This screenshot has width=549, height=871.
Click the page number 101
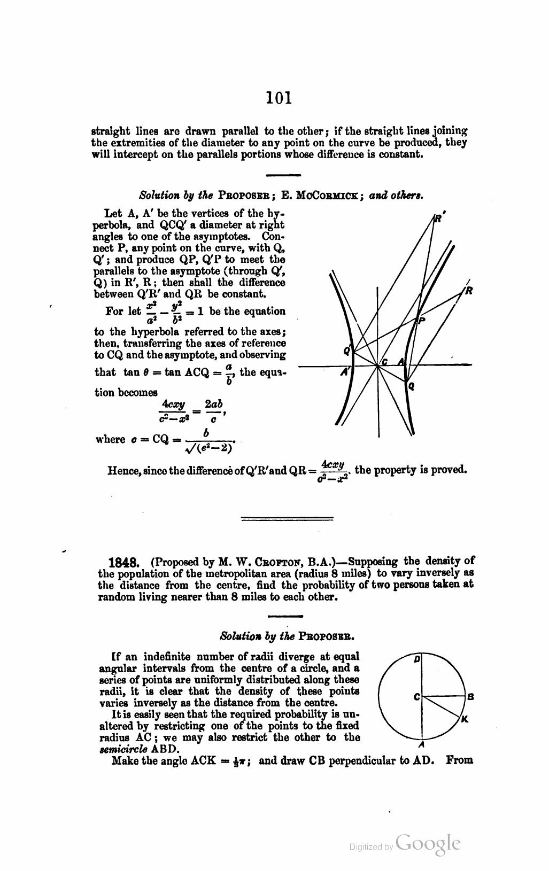(x=279, y=97)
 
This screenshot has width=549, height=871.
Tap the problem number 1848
(x=125, y=563)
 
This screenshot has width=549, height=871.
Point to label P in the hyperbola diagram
(x=422, y=320)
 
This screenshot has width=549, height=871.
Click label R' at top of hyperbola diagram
(x=439, y=218)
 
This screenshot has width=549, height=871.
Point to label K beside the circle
(x=465, y=719)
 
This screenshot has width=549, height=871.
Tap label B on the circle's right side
(x=470, y=697)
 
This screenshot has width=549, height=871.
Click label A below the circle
(x=421, y=745)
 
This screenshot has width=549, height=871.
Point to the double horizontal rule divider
(x=288, y=518)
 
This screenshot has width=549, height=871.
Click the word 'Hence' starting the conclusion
(x=122, y=471)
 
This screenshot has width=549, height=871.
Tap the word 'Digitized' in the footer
(x=367, y=847)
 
